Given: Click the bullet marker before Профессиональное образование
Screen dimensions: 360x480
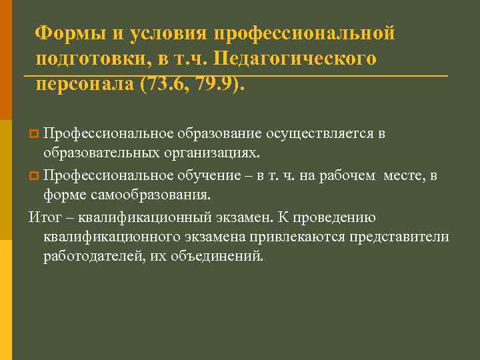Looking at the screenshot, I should [x=33, y=135].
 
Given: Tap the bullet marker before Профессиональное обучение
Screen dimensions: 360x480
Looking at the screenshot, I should [x=33, y=176].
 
